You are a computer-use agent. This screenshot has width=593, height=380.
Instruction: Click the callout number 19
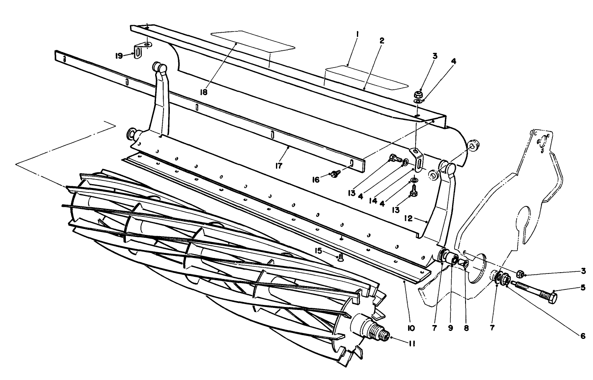pyautogui.click(x=119, y=55)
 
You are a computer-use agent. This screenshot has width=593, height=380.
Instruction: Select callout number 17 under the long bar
pyautogui.click(x=278, y=165)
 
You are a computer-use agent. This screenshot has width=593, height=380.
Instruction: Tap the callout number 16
pyautogui.click(x=315, y=180)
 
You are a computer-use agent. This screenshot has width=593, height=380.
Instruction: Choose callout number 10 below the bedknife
pyautogui.click(x=411, y=327)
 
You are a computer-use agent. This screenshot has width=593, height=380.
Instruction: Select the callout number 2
pyautogui.click(x=382, y=41)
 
